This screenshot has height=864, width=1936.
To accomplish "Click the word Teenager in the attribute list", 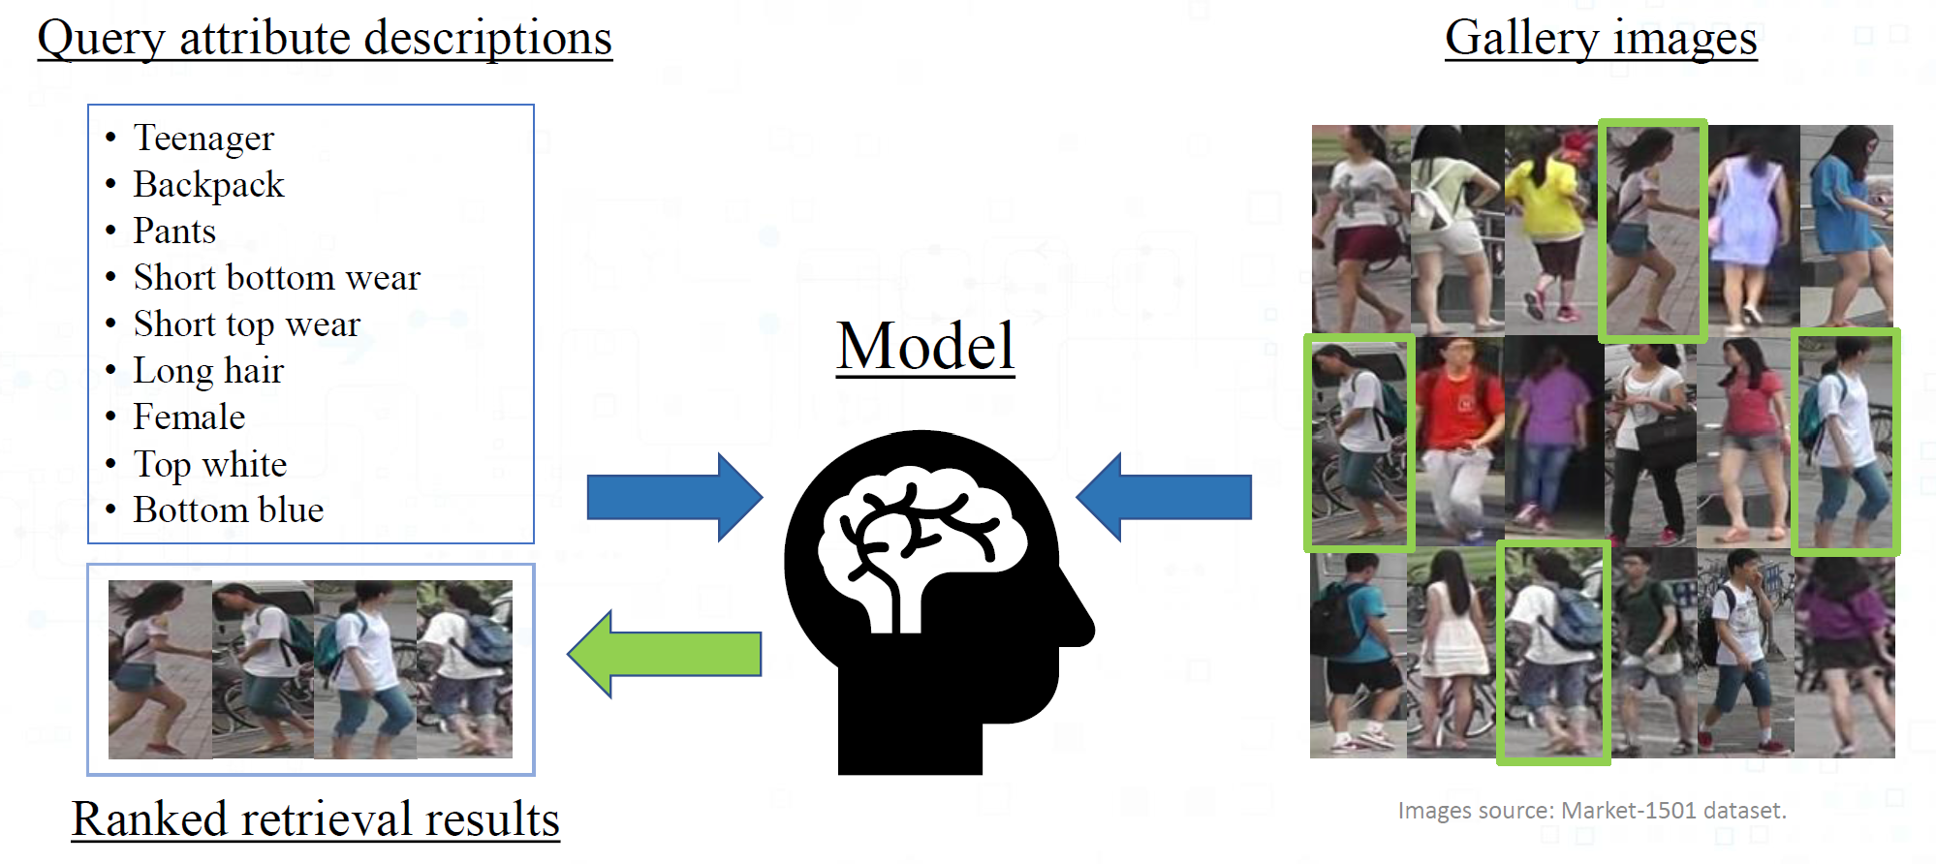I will point(203,139).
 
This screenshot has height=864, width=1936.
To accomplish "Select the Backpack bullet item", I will point(208,185).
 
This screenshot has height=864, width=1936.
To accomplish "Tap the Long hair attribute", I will point(208,371).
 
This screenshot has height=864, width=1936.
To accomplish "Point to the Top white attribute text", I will point(210,465).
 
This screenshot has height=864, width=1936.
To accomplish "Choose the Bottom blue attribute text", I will point(229,510).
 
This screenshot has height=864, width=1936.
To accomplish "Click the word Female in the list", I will point(189,417).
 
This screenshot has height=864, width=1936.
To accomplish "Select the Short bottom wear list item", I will point(276,278).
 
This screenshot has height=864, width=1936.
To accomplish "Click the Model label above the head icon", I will point(925,347).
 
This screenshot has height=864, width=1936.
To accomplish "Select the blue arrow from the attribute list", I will point(674,497).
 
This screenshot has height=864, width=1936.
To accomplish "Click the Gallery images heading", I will point(1601,39).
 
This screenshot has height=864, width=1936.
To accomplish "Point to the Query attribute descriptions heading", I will point(325,39).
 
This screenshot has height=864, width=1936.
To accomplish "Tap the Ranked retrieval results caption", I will point(316,819).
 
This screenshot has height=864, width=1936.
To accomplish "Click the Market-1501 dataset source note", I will point(1592,811).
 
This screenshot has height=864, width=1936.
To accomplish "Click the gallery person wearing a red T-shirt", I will point(1458,441).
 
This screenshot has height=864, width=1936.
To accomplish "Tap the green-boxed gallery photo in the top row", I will point(1652,230).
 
